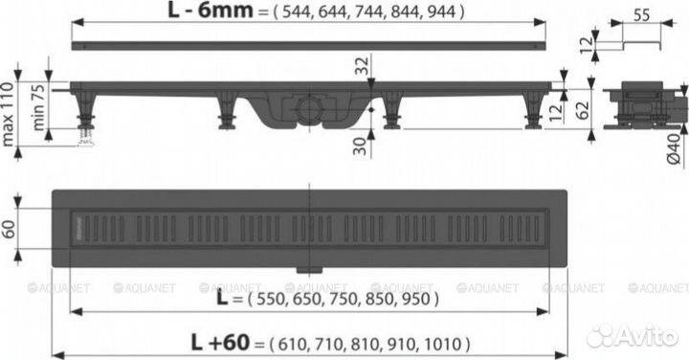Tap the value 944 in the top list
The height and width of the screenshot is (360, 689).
coord(444,13)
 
